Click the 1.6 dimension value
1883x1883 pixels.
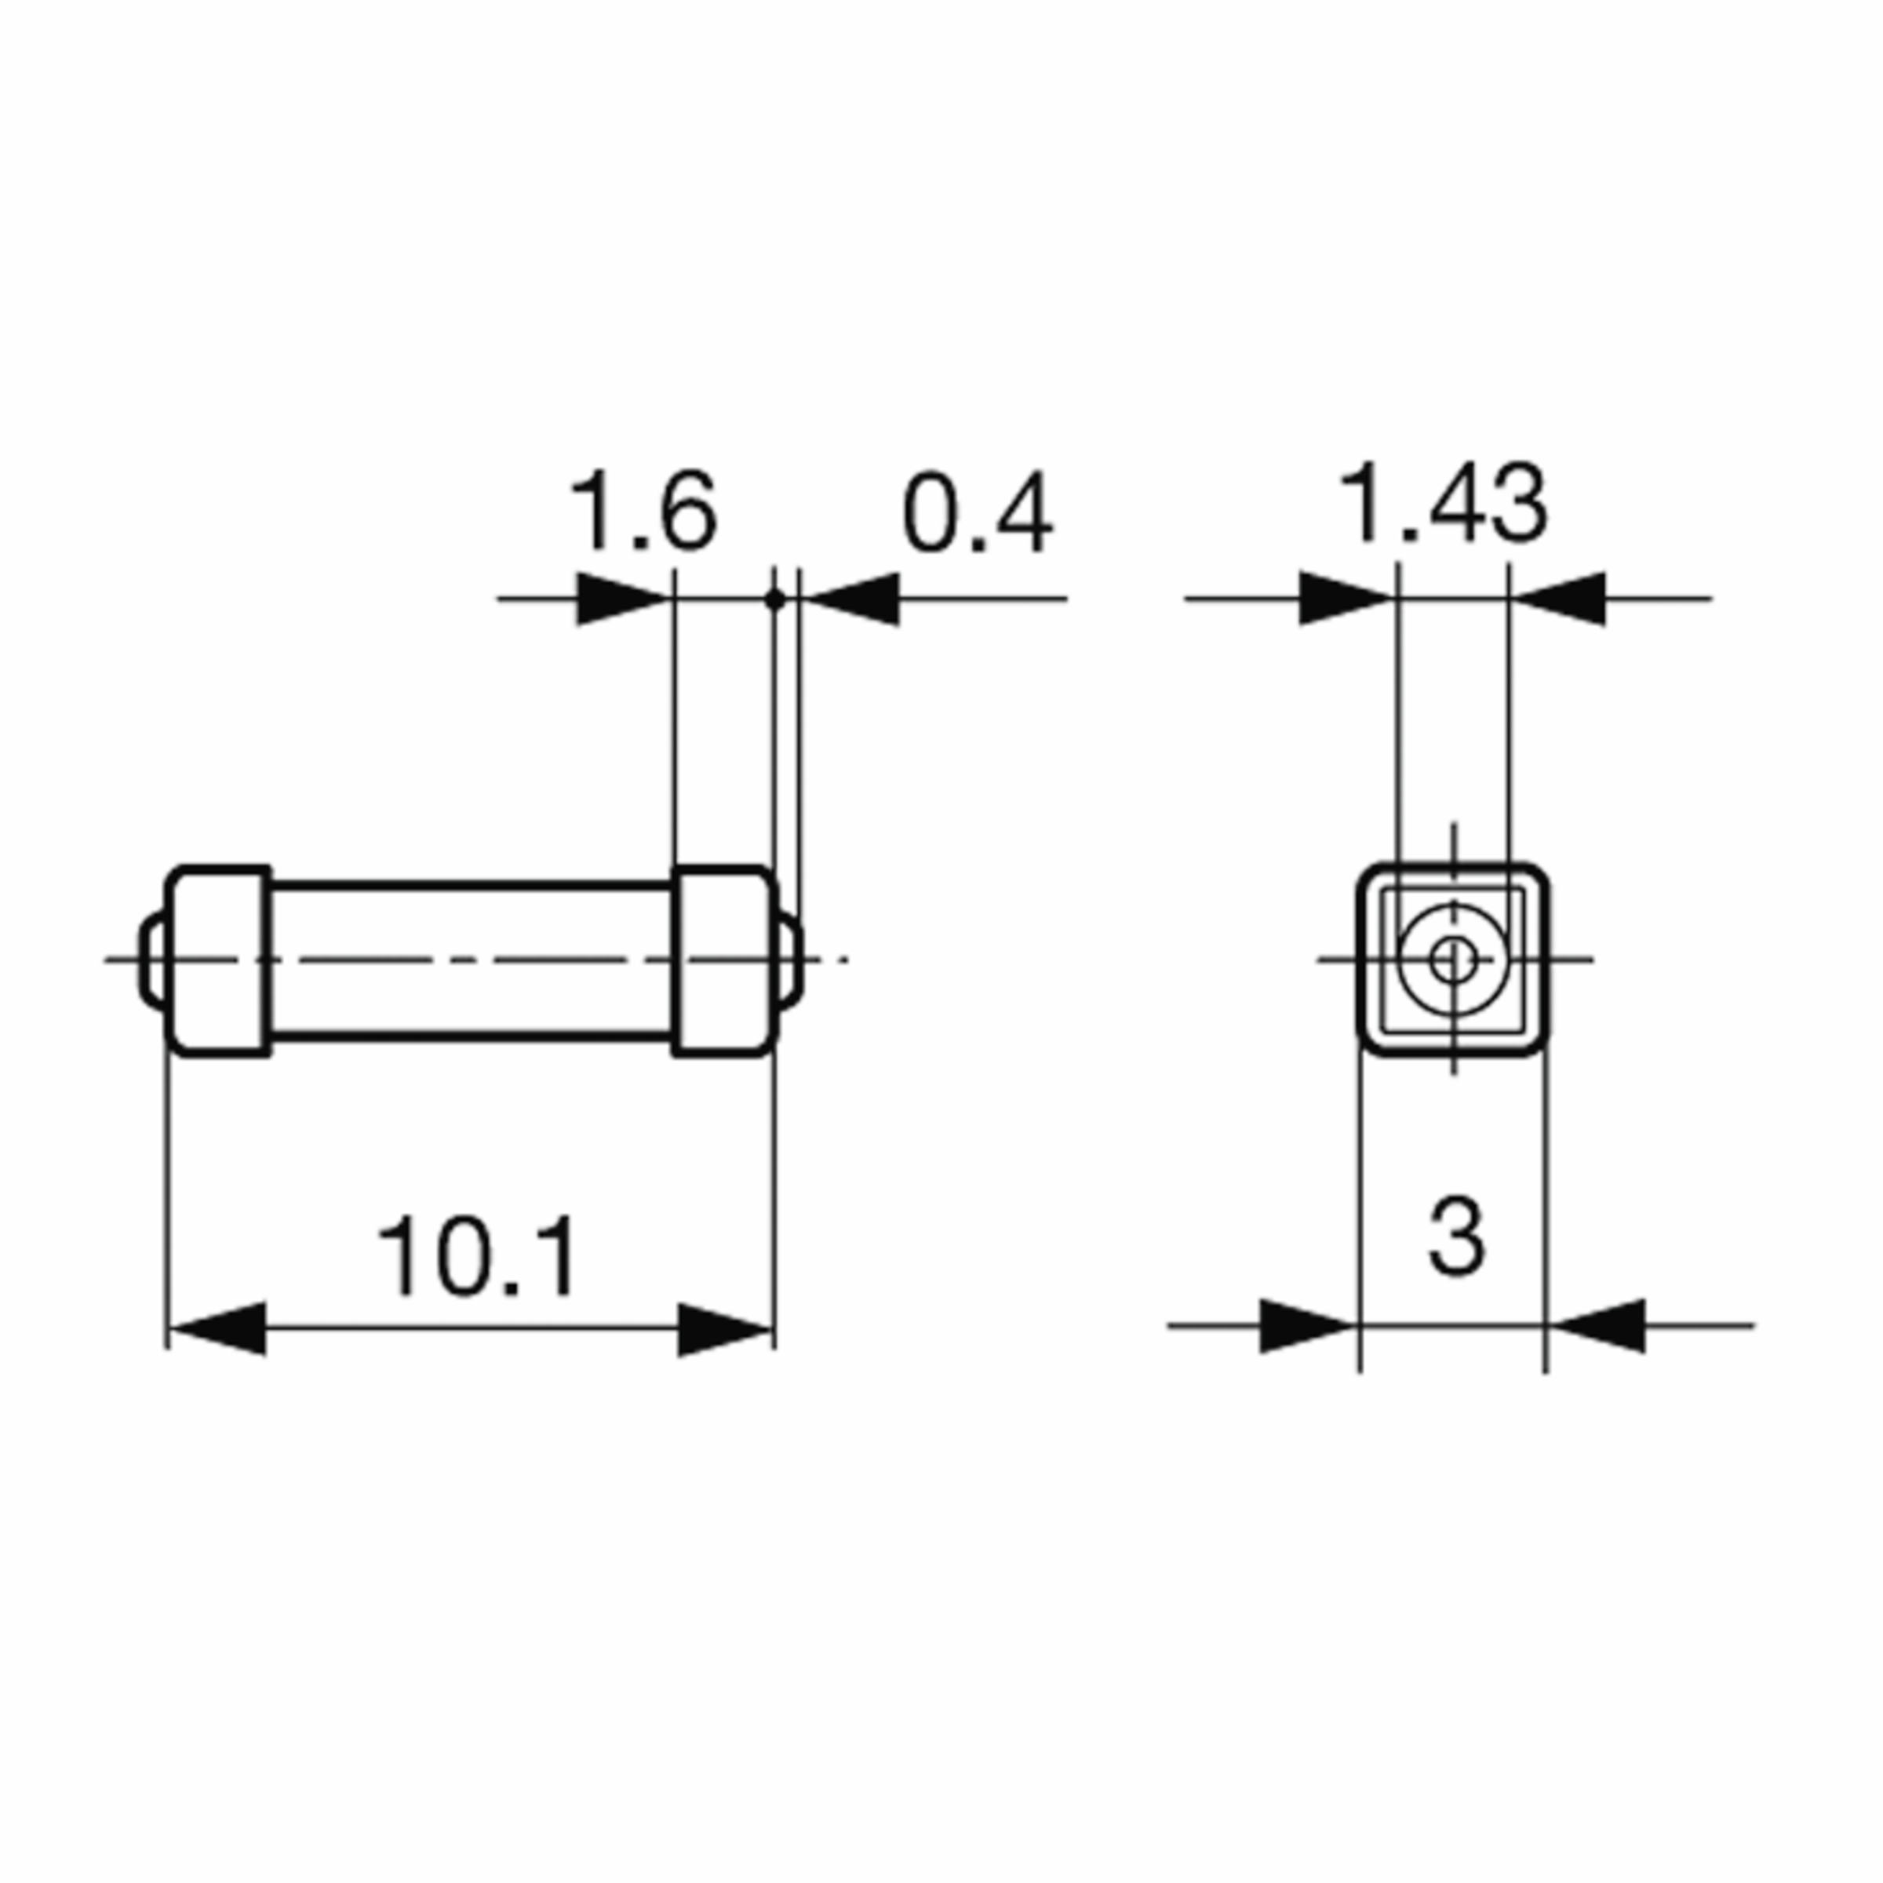pos(643,512)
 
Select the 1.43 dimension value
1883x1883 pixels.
pos(1443,504)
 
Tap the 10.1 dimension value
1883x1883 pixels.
pos(478,1257)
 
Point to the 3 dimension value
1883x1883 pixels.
pos(1456,1239)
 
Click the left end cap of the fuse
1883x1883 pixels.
pos(217,960)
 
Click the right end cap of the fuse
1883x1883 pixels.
pos(724,960)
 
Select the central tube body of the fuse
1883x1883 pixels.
pos(471,960)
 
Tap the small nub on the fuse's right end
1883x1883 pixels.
pos(790,960)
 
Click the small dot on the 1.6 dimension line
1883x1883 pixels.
pos(775,599)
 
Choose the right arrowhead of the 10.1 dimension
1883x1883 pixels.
pos(724,1328)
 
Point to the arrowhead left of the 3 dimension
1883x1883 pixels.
pos(1306,1325)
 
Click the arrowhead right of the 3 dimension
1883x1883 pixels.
pos(1597,1325)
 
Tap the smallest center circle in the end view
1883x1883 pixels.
pos(1453,961)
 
